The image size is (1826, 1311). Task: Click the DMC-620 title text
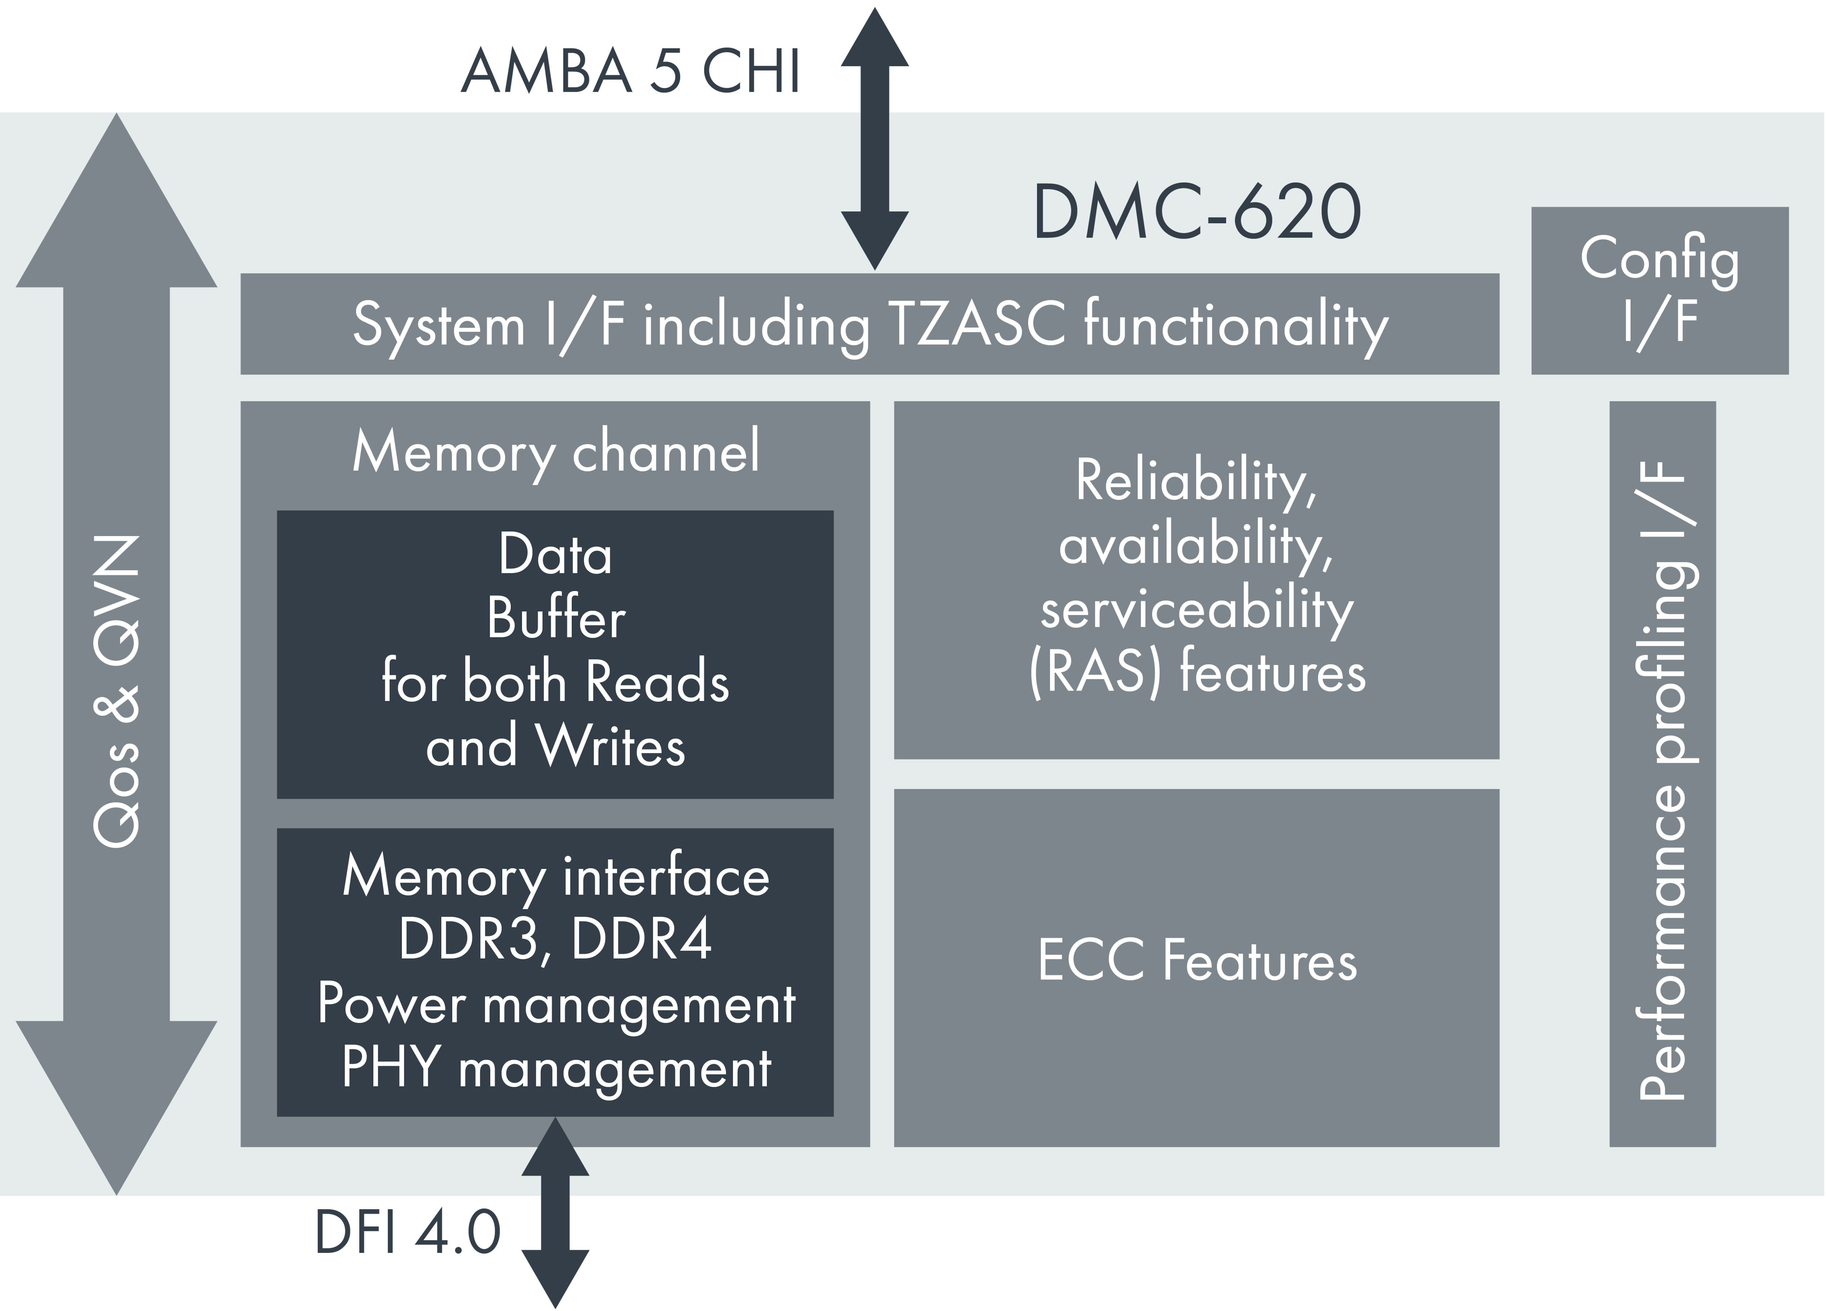click(1196, 212)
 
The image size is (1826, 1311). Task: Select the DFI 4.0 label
click(408, 1232)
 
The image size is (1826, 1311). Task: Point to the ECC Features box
click(1196, 966)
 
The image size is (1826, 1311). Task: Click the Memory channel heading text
click(555, 452)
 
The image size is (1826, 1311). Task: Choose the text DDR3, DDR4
click(555, 939)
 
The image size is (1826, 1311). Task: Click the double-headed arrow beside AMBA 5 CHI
click(874, 137)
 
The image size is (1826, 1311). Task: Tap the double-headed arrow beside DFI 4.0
click(555, 1212)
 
